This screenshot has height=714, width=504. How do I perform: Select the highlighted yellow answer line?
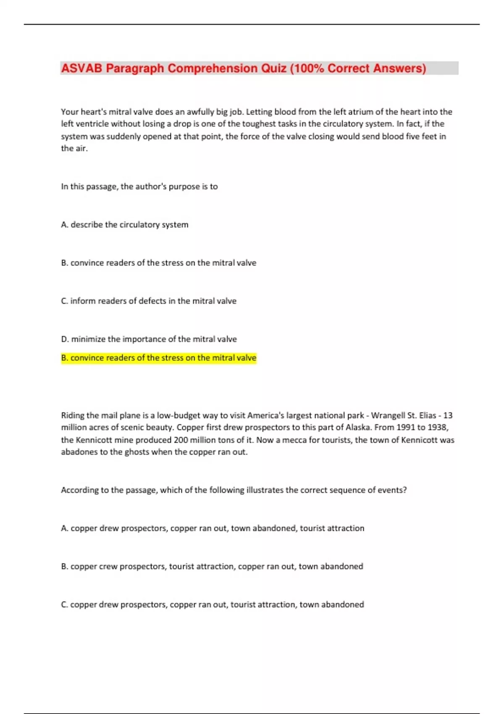coord(158,358)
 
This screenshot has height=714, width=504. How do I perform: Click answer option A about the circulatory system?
coord(124,225)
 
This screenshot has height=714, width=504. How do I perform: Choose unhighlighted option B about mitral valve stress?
coord(158,263)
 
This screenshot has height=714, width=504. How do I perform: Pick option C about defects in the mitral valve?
coord(149,301)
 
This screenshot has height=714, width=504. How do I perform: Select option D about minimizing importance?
coord(149,339)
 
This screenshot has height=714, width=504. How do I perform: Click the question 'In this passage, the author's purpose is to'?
coord(139,186)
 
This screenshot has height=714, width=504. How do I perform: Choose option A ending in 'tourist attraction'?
coord(213,528)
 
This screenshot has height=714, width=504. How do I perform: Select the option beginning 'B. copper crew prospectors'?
coord(212,567)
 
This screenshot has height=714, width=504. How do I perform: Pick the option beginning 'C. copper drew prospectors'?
coord(212,605)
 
